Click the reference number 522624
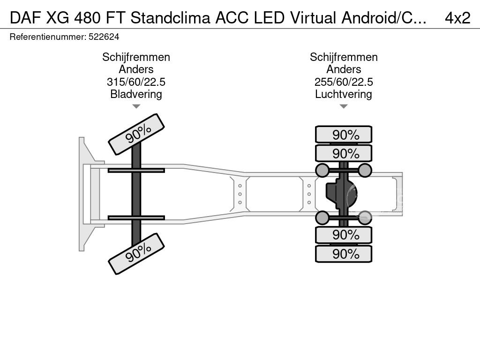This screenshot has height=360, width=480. pyautogui.click(x=104, y=37)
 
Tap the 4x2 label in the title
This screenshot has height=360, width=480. pyautogui.click(x=457, y=18)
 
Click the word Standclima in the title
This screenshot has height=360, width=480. pyautogui.click(x=171, y=18)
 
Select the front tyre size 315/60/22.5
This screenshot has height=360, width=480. pyautogui.click(x=136, y=82)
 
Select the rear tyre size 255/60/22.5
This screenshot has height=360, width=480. pyautogui.click(x=344, y=82)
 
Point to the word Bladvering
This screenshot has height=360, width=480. pyautogui.click(x=136, y=94)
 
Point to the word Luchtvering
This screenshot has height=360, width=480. pyautogui.click(x=344, y=94)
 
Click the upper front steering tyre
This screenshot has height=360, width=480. pyautogui.click(x=136, y=135)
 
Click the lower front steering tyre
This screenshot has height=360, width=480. pyautogui.click(x=136, y=254)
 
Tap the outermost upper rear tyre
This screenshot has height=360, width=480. pyautogui.click(x=344, y=135)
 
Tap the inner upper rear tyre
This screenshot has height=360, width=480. pyautogui.click(x=344, y=153)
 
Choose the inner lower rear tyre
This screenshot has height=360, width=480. pyautogui.click(x=344, y=235)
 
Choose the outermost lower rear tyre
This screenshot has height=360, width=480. pyautogui.click(x=344, y=254)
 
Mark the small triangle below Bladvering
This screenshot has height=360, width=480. pyautogui.click(x=136, y=106)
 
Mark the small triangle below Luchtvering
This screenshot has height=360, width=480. pyautogui.click(x=344, y=106)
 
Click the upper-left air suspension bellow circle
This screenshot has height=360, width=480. pyautogui.click(x=322, y=170)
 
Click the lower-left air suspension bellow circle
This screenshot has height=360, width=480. pyautogui.click(x=322, y=217)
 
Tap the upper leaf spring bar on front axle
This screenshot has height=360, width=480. pyautogui.click(x=136, y=171)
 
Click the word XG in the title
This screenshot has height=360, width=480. pyautogui.click(x=58, y=18)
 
